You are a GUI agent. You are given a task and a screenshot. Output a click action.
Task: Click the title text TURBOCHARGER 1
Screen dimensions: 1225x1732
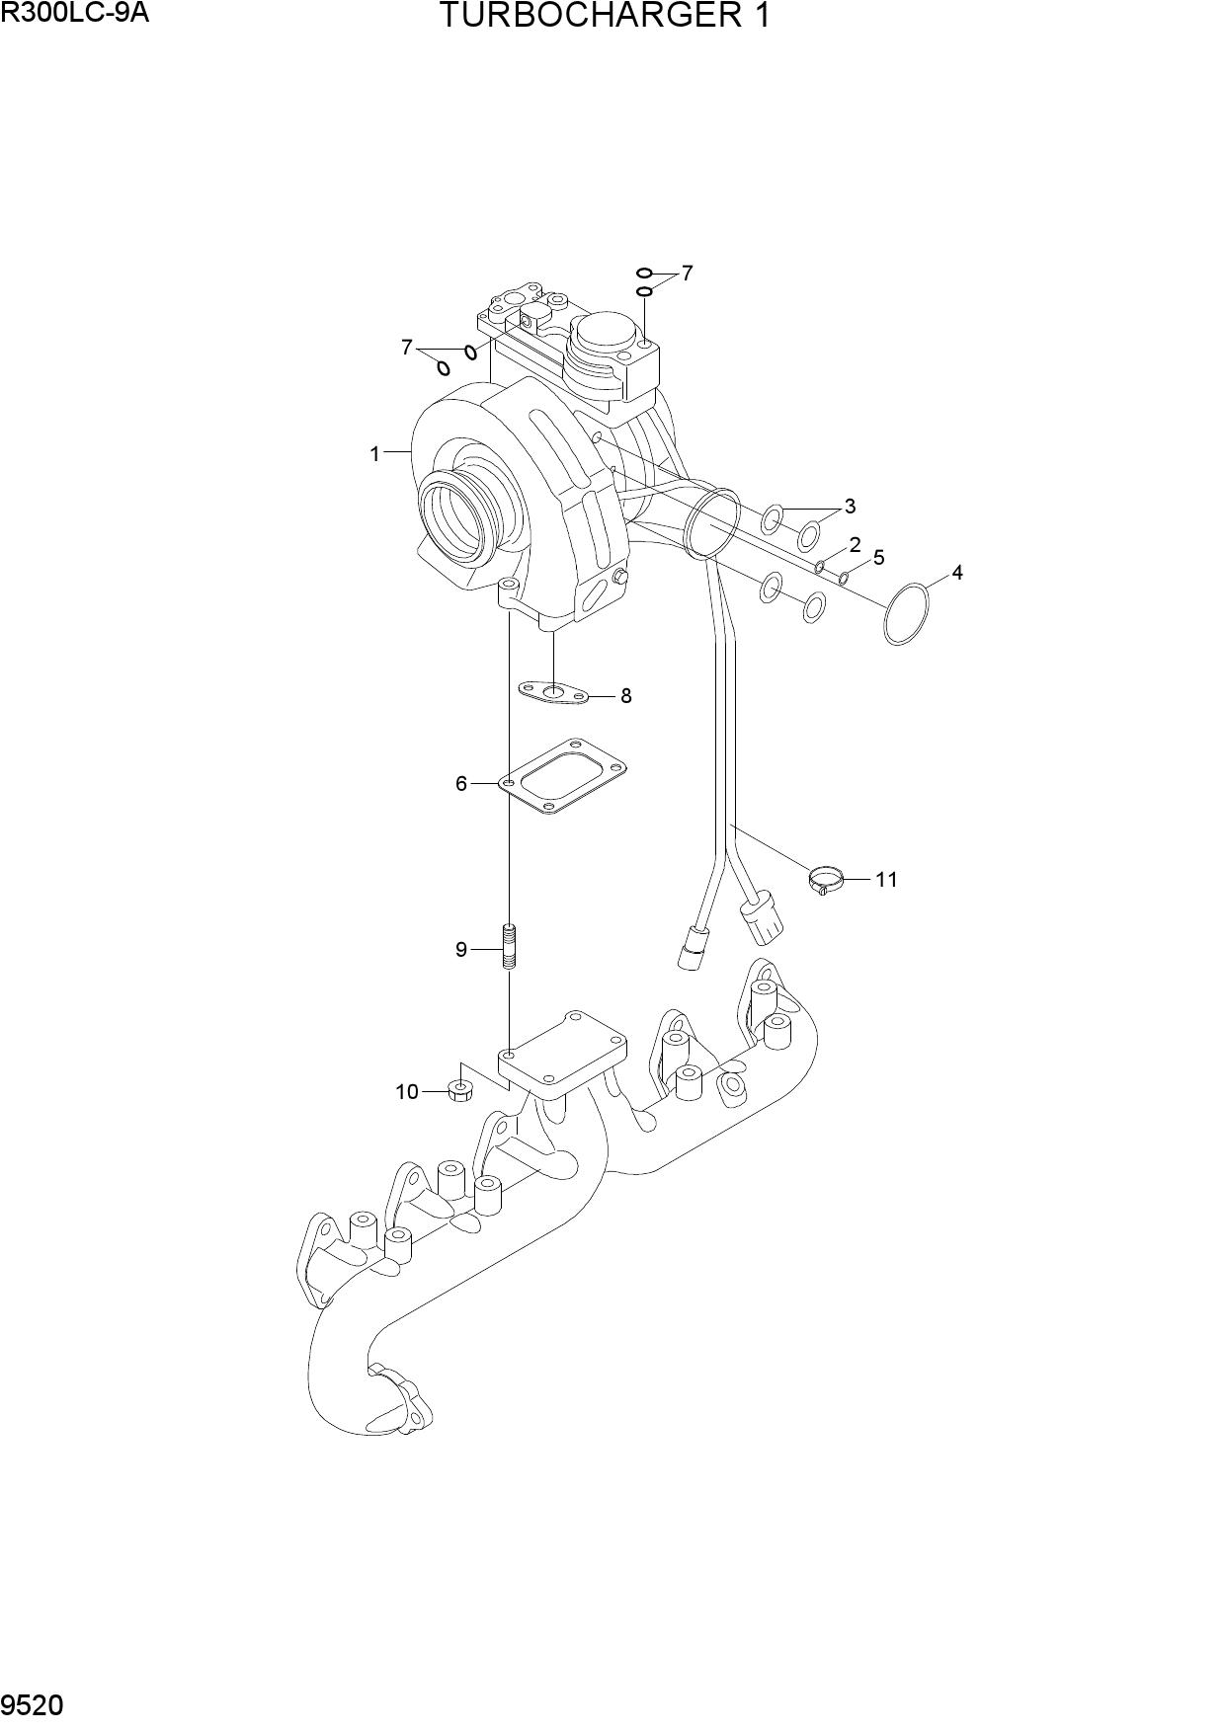tap(604, 16)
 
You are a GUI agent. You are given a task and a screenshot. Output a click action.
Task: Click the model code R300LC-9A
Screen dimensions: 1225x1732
tap(75, 13)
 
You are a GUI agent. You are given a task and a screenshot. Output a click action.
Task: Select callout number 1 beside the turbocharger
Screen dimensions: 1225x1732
tap(374, 454)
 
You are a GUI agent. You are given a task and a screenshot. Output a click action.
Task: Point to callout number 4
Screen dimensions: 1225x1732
tap(956, 573)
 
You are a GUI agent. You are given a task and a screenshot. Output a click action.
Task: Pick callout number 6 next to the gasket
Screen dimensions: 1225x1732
tap(461, 784)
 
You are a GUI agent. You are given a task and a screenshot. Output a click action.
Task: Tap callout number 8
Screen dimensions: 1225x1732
tap(625, 696)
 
